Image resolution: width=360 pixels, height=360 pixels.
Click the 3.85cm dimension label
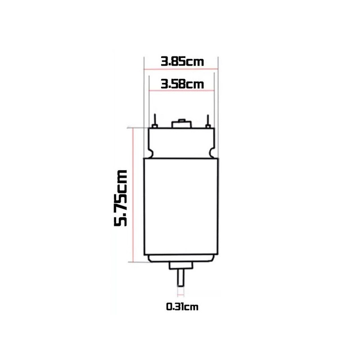[182, 62]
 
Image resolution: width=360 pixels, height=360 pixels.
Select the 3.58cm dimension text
[182, 84]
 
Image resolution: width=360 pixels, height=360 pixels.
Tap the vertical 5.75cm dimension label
[121, 198]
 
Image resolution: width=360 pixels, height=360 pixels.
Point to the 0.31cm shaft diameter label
[182, 307]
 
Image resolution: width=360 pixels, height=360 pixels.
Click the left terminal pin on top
[155, 121]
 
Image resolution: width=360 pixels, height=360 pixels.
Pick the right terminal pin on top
[208, 121]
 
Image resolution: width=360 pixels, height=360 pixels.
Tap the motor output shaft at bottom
[181, 278]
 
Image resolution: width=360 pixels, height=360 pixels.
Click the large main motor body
[181, 207]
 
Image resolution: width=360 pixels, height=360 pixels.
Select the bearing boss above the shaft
[181, 265]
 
